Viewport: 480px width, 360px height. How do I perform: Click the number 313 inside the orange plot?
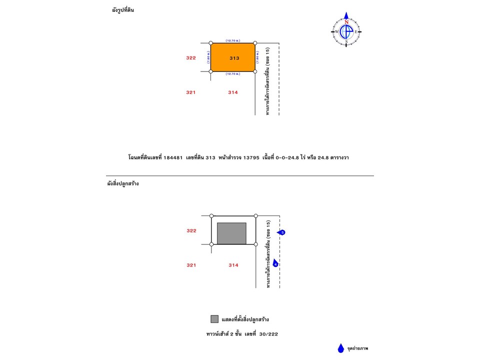click(234, 58)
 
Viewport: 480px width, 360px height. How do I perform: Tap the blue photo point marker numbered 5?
click(282, 232)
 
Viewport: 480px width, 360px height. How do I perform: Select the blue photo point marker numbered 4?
click(275, 263)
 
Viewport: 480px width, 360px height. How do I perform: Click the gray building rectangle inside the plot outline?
click(231, 233)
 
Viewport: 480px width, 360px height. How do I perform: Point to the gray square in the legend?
click(214, 319)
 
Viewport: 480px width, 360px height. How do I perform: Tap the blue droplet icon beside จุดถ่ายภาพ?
click(340, 348)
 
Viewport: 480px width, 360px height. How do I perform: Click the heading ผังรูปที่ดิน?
click(123, 10)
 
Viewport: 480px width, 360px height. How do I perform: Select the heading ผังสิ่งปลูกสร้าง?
click(123, 183)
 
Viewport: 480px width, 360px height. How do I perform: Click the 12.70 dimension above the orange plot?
click(232, 40)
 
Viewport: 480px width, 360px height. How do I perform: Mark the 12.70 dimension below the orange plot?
click(232, 74)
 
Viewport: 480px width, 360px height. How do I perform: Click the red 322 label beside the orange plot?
click(190, 58)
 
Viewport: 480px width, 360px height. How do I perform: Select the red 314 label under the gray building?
click(233, 265)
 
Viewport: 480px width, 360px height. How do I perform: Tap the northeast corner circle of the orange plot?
click(255, 43)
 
